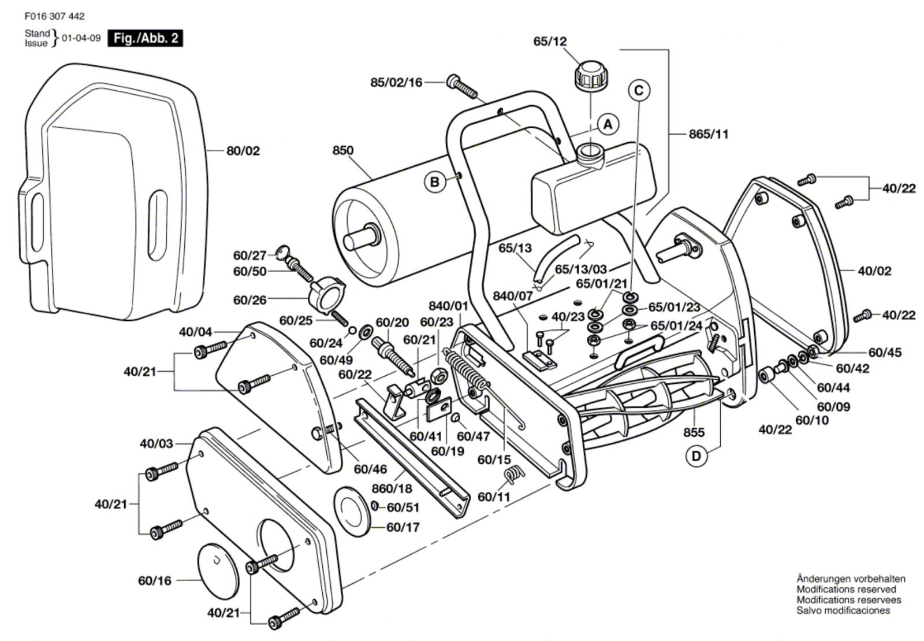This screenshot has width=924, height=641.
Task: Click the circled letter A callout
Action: [608, 124]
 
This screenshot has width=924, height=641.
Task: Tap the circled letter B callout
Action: [434, 182]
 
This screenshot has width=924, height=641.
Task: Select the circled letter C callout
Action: [639, 90]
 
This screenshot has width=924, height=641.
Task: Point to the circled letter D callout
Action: [696, 456]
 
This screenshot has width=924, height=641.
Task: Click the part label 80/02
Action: [243, 151]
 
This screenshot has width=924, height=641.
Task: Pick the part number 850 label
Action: [342, 150]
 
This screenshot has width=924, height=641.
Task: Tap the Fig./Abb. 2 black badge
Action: [145, 39]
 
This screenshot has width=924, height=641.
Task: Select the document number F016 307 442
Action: [54, 17]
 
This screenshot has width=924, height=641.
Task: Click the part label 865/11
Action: [709, 134]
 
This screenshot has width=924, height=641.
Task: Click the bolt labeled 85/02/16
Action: [462, 87]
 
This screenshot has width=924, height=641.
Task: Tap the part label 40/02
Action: [874, 271]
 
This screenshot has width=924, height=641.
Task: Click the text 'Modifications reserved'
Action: [846, 589]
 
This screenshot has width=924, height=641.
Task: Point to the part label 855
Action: [694, 432]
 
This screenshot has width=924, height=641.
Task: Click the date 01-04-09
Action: [81, 39]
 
